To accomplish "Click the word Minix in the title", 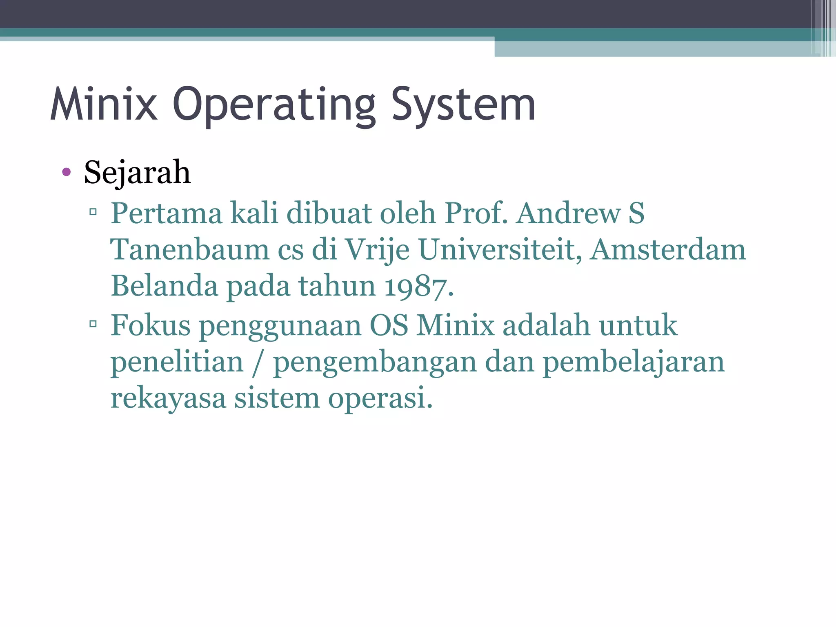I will coord(104,104).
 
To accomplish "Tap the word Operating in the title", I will coord(274,105).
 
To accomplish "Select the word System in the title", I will coord(463,105).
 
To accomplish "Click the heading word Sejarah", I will coord(137,173).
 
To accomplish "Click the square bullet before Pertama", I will coord(93,211).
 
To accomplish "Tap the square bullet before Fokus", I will coord(93,324).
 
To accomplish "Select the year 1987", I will coord(418,286).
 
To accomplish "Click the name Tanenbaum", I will coord(190,249).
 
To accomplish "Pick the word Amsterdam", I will coord(668,249).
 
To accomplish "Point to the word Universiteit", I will coord(500,249).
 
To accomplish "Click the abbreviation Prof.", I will coord(476,213).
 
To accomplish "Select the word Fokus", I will coord(151,325).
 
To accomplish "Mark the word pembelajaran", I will coord(633,362).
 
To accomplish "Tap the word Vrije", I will coord(377,250).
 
